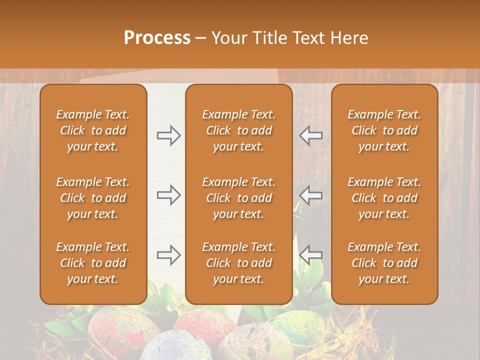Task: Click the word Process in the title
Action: coord(157,38)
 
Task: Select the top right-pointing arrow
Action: coord(168,135)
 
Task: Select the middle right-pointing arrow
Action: coord(168,195)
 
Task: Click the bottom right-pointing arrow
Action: coord(168,255)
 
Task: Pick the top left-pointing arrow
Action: coord(311,135)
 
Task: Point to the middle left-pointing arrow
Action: coord(311,195)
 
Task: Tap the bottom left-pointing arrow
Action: coord(311,255)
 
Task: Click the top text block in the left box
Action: coord(93,130)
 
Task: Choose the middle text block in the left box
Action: coord(93,198)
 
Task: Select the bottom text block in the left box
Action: coord(93,263)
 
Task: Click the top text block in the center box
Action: coord(238,130)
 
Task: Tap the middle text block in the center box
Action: coord(238,198)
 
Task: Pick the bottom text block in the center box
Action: coord(238,263)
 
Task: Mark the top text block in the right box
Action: coord(384,130)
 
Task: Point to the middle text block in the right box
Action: coord(384,198)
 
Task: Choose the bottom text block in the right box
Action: coord(384,263)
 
